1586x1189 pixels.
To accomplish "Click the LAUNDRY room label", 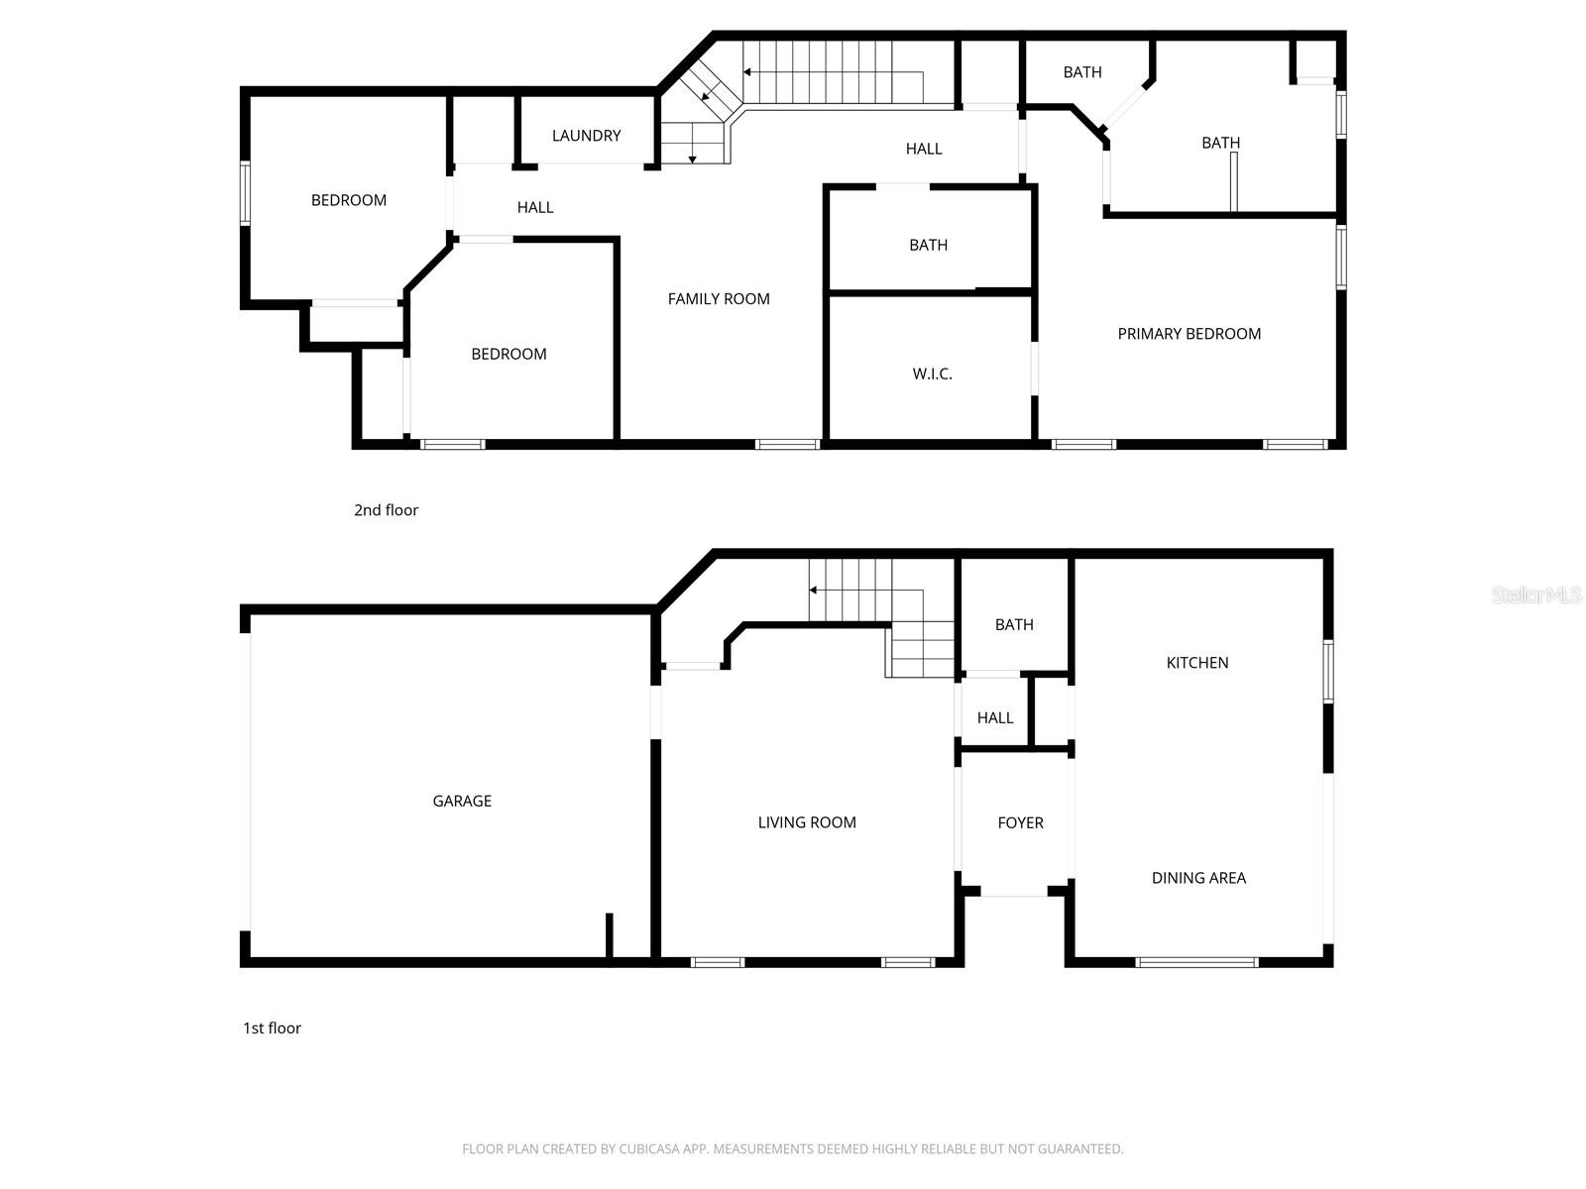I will coord(586,136).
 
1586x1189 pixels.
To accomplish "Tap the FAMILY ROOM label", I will coord(719,299).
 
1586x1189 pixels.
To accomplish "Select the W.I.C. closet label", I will coord(932,375).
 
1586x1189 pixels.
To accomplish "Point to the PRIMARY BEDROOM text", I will coord(1189,334).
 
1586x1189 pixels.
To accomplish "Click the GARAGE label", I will coord(462,802).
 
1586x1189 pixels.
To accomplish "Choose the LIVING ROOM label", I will coord(807,822).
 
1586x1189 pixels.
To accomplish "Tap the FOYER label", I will coord(1020,823).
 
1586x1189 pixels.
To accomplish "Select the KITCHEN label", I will coord(1196,663).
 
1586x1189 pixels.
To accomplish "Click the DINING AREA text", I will coord(1198,878).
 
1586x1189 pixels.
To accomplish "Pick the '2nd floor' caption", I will coord(386,510).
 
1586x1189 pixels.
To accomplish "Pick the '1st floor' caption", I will coord(272,1028).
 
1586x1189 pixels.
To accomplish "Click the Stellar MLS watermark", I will coord(1535,595).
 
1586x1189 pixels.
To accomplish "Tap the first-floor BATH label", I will coord(1014,625).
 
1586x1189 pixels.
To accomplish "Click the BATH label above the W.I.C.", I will coord(928,246).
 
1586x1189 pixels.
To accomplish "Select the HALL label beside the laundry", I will coord(534,208).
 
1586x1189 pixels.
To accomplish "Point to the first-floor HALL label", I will coord(994,718).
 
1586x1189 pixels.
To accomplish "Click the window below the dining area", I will coord(1196,962).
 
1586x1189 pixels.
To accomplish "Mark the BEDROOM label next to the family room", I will coord(509,355).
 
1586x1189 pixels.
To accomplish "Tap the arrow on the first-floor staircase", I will coord(814,590).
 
